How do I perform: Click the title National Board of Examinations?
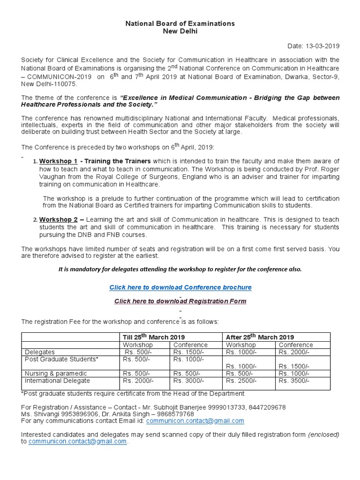180,23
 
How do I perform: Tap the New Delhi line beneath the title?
180,31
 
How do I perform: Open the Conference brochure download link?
180,287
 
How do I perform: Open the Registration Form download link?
180,301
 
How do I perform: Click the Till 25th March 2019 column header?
154,337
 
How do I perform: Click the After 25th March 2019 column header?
260,337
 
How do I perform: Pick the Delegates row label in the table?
40,352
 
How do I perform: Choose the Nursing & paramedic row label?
53,373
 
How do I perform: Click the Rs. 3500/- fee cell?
294,381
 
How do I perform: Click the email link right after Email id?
195,421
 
